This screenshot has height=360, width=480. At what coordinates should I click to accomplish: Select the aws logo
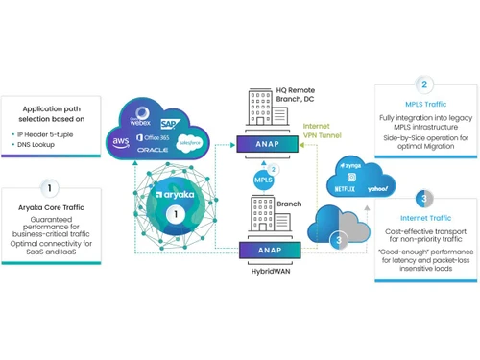tap(121, 140)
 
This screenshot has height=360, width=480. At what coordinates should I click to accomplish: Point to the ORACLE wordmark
tap(154, 152)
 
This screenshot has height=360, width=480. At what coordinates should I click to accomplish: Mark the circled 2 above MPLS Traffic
tap(423, 84)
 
